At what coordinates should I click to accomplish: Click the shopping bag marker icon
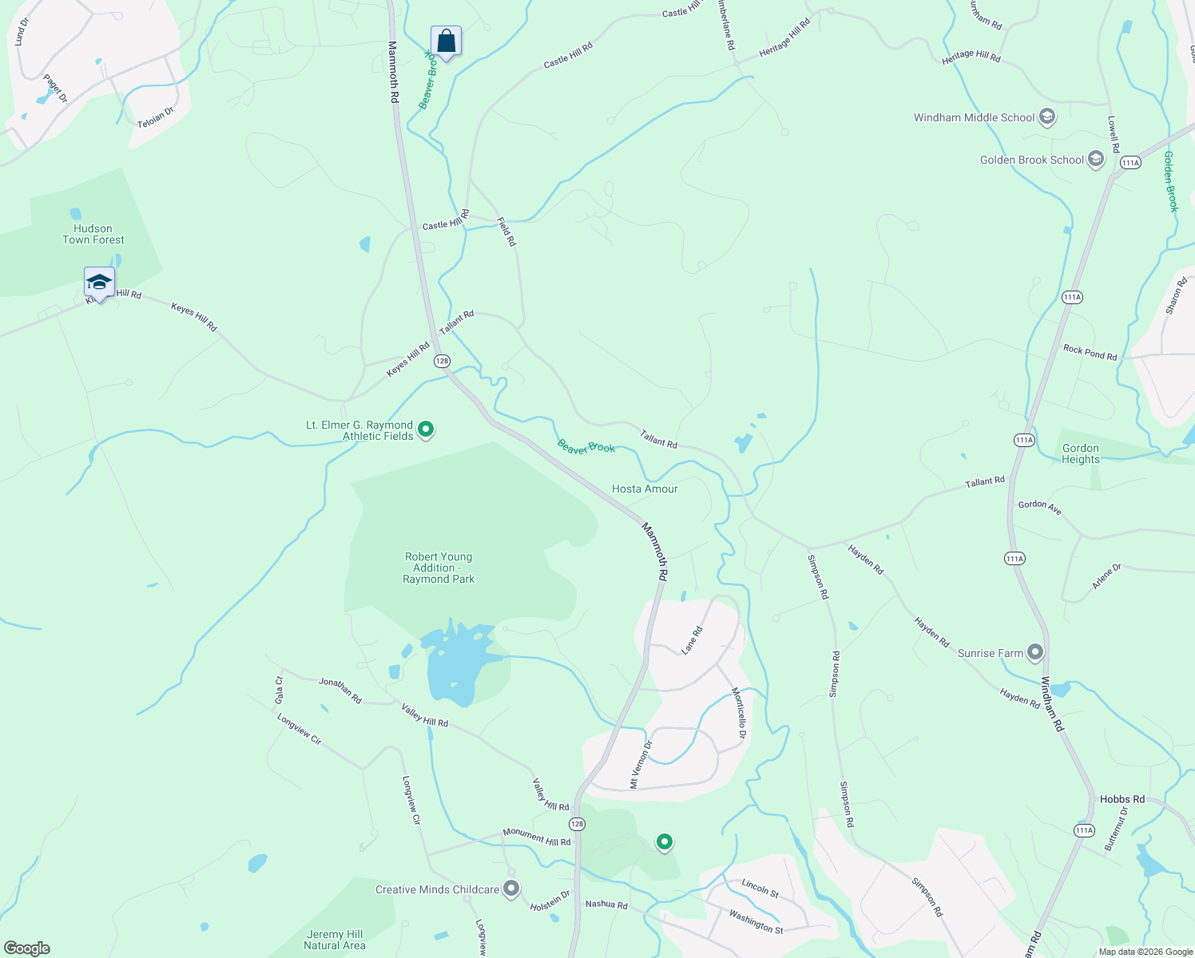tap(446, 42)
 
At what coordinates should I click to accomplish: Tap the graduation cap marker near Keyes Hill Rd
tap(99, 283)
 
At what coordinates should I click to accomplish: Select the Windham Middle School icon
tap(1047, 117)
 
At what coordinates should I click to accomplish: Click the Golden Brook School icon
tap(1096, 160)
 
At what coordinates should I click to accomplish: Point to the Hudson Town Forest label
tap(93, 234)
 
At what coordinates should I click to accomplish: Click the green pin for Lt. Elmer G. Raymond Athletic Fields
tap(426, 430)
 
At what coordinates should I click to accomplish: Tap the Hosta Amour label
tap(645, 489)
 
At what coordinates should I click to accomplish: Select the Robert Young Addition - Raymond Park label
tap(439, 568)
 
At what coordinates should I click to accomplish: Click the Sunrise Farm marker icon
tap(1035, 653)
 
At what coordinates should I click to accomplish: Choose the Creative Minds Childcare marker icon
tap(511, 889)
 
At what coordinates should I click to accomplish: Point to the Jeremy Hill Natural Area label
tap(335, 940)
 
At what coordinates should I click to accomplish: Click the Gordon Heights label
tap(1081, 453)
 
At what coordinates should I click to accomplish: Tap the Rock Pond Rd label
tap(1090, 352)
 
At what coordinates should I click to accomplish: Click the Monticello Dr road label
tap(740, 712)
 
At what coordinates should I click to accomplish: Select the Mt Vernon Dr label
tap(641, 765)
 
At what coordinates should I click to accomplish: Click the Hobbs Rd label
tap(1122, 799)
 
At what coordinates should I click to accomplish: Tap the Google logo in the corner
tap(26, 948)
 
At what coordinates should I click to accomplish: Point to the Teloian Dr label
tap(155, 119)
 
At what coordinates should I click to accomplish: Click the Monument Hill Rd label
tap(536, 837)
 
